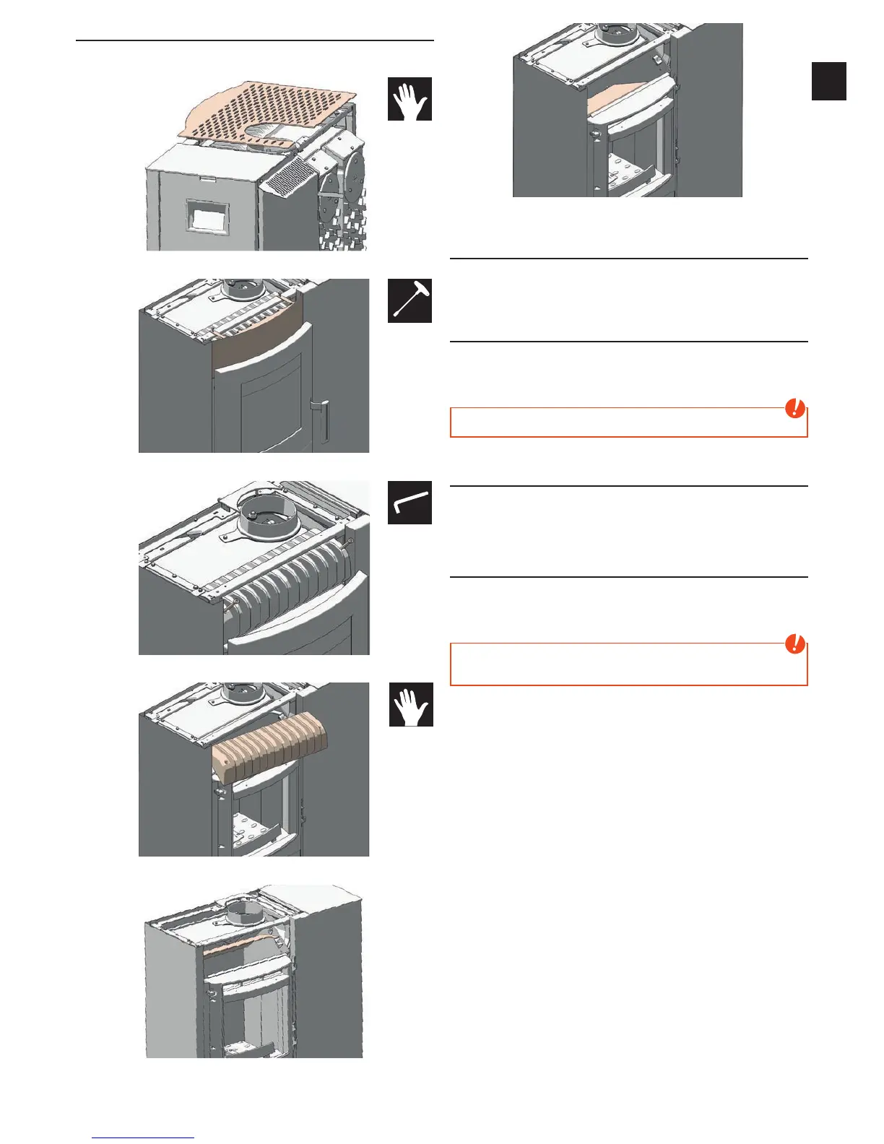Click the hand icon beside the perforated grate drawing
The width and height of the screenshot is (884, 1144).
[x=409, y=99]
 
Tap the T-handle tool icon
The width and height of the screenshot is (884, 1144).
[x=409, y=300]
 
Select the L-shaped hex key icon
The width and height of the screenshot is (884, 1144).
[x=409, y=503]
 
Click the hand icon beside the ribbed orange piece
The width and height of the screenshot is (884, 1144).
[x=411, y=704]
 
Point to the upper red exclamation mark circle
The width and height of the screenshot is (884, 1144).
[x=795, y=409]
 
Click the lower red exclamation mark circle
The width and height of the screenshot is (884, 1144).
[x=795, y=643]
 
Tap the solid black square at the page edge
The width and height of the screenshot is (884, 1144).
[x=828, y=81]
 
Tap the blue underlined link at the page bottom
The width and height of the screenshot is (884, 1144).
[x=144, y=1137]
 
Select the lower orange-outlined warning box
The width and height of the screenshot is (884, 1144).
[x=628, y=664]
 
